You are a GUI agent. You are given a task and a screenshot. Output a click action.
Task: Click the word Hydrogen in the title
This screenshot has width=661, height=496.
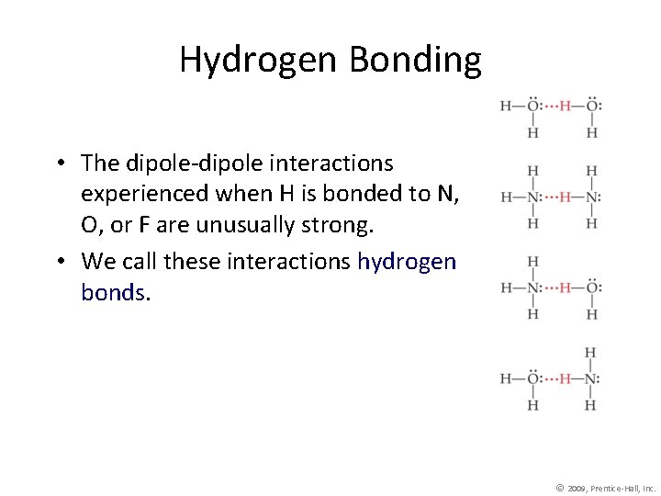[x=258, y=60]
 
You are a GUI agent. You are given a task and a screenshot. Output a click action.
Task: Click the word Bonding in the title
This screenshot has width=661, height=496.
[x=415, y=60]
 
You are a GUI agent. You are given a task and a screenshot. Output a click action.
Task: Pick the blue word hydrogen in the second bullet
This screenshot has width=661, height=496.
[x=406, y=262]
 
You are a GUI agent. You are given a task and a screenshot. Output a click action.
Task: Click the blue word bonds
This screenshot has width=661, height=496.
[x=113, y=292]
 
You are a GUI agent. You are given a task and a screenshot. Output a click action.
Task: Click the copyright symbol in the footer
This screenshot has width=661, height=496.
[x=560, y=486]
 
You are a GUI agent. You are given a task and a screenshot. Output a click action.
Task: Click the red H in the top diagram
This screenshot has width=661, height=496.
[x=566, y=106]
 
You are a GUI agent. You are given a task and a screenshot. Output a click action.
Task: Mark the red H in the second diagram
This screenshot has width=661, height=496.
[x=566, y=197]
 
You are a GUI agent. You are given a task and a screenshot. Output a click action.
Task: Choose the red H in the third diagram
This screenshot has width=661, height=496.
[x=566, y=287]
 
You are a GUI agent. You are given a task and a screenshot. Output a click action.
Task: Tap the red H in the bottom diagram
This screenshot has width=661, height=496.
[x=566, y=378]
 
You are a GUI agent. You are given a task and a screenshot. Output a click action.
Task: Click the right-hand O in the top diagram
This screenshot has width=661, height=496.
[x=592, y=106]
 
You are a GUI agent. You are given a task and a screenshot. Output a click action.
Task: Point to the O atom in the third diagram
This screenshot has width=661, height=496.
[x=592, y=287]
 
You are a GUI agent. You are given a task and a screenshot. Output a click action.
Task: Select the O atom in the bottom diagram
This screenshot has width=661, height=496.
[x=532, y=378]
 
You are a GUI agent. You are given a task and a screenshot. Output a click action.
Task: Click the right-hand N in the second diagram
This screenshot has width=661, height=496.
[x=592, y=197]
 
